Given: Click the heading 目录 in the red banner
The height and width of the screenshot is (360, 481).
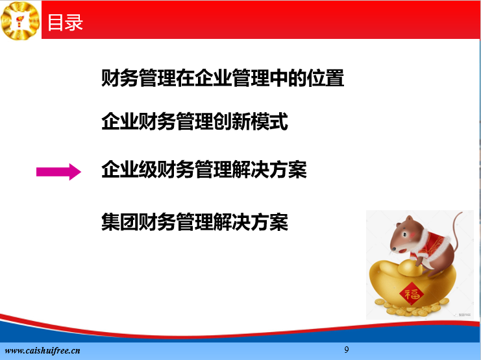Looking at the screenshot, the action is click(x=65, y=23).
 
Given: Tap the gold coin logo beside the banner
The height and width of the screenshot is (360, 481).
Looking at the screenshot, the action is click(x=20, y=21).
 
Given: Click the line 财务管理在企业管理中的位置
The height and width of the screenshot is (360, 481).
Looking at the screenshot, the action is click(x=223, y=78).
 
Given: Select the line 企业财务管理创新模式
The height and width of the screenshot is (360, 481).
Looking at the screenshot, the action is click(x=195, y=121).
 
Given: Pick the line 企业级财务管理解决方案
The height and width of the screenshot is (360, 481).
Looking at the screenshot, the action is click(x=204, y=169).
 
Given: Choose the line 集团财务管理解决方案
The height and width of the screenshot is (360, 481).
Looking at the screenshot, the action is click(x=195, y=222).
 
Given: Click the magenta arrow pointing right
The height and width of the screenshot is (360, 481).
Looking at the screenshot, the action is click(x=58, y=172).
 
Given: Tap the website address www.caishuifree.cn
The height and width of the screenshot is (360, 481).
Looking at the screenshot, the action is click(x=42, y=350).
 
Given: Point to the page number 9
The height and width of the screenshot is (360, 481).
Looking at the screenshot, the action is click(x=347, y=350).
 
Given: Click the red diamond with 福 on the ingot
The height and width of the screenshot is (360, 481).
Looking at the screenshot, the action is click(x=412, y=293).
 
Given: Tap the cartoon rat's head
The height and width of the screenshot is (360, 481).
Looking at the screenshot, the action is click(x=403, y=234).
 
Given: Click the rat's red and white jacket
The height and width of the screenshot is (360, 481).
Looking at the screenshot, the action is click(x=431, y=245).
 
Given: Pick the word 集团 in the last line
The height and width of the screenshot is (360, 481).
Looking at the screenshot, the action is click(x=120, y=222).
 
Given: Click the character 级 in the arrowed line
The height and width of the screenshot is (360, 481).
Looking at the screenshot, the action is click(x=148, y=169).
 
